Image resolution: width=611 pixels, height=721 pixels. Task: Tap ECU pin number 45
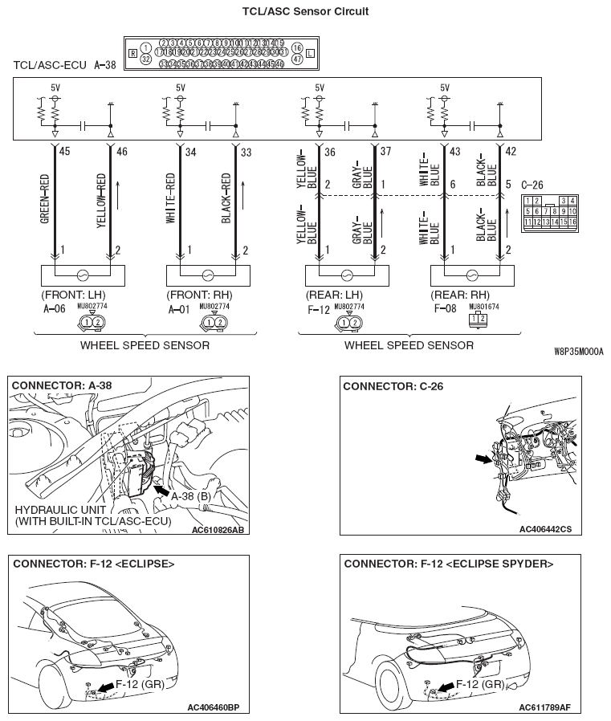[x=65, y=150]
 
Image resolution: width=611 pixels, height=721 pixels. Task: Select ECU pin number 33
[x=246, y=150]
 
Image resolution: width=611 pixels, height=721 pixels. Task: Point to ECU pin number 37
[x=385, y=150]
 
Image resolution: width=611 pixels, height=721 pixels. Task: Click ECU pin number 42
[x=510, y=150]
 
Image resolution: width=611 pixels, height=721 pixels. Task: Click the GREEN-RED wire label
[x=46, y=198]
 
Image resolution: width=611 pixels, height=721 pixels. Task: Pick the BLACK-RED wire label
[x=226, y=198]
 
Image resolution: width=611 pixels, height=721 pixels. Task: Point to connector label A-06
[x=55, y=308]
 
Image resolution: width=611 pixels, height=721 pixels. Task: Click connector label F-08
[x=447, y=308]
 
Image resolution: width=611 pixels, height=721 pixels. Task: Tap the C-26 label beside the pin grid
[x=532, y=185]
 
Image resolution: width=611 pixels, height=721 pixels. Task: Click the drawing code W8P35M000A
[x=579, y=352]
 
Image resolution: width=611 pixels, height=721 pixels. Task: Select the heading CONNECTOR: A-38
[x=62, y=385]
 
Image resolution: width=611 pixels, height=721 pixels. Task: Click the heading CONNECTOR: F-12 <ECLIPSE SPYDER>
[x=448, y=564]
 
